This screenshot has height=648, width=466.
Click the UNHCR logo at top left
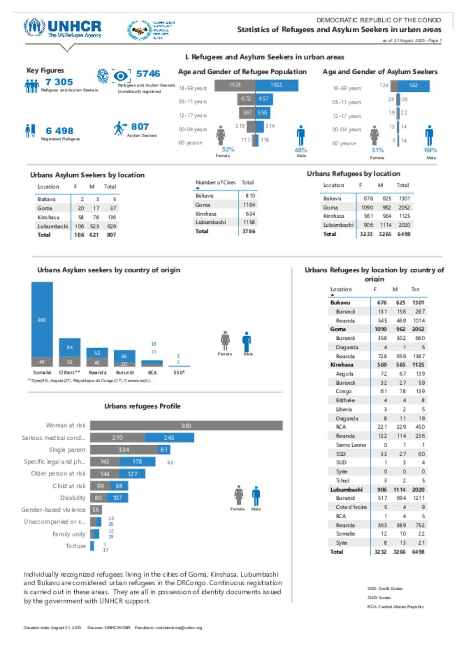(x=62, y=28)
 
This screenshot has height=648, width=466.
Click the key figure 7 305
(x=59, y=82)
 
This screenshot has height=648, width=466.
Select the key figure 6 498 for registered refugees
(x=60, y=131)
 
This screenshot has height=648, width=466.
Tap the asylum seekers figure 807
(x=140, y=127)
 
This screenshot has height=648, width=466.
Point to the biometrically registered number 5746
(x=148, y=74)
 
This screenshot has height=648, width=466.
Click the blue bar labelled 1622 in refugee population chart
(x=277, y=85)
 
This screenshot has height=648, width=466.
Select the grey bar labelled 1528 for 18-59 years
(x=235, y=85)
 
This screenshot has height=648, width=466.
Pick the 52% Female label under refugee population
(x=228, y=149)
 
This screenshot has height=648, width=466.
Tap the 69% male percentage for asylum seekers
(x=431, y=150)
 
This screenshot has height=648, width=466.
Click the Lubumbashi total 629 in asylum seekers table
(x=111, y=226)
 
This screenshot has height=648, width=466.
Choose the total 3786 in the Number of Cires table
(x=248, y=231)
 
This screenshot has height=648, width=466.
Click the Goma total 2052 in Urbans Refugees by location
(x=404, y=207)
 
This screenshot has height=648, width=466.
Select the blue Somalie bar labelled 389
(x=42, y=320)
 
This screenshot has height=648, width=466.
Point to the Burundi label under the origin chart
(x=125, y=372)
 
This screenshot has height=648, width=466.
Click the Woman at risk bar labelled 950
(x=186, y=426)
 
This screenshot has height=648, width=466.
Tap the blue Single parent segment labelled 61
(x=164, y=450)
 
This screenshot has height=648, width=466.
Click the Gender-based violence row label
(x=53, y=510)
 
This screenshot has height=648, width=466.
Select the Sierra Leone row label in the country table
(x=351, y=445)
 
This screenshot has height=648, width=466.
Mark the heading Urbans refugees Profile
(x=142, y=406)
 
